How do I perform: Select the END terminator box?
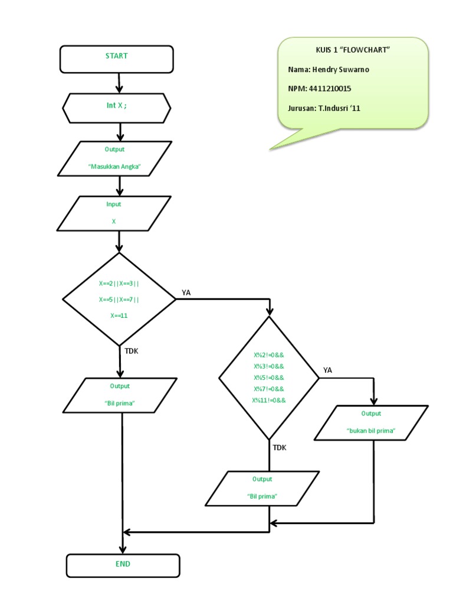click(123, 565)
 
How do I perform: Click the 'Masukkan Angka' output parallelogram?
click(115, 158)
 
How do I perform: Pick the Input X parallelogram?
click(113, 213)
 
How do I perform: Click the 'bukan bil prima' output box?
click(371, 422)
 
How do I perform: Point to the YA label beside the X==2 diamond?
click(186, 292)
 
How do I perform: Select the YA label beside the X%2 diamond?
click(328, 370)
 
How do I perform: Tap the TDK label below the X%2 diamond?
click(279, 448)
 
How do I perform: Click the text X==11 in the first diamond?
click(119, 315)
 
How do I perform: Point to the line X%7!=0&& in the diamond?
click(269, 389)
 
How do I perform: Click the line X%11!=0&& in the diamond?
click(269, 400)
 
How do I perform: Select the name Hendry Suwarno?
click(329, 69)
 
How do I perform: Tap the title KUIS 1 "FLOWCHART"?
click(353, 50)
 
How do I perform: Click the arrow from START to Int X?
click(120, 83)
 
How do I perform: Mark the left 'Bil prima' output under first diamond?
click(120, 395)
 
